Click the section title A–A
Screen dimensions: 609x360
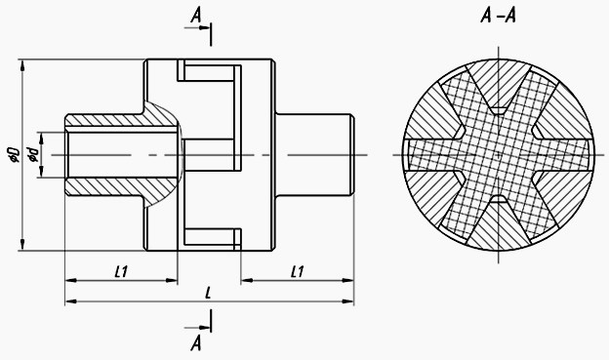click(x=498, y=17)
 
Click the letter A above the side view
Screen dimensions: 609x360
click(x=196, y=16)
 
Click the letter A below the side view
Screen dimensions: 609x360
click(x=196, y=343)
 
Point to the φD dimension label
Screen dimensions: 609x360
click(x=14, y=154)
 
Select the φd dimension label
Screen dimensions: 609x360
click(x=32, y=155)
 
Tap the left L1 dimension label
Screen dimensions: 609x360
click(x=122, y=271)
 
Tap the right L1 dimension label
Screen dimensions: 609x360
click(x=297, y=271)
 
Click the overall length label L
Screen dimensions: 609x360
click(x=208, y=293)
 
